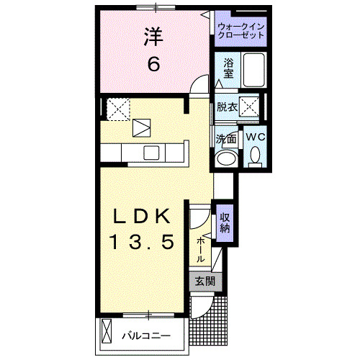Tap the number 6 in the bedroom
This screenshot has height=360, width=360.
[153, 64]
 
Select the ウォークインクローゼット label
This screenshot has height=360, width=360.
[241, 30]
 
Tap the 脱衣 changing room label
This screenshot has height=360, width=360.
[227, 107]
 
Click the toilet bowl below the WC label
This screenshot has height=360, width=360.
[255, 156]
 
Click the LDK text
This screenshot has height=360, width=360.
[142, 216]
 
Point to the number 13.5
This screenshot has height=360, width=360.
[142, 243]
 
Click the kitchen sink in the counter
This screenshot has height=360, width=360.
[151, 152]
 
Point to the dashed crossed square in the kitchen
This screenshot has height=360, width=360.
[117, 109]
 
